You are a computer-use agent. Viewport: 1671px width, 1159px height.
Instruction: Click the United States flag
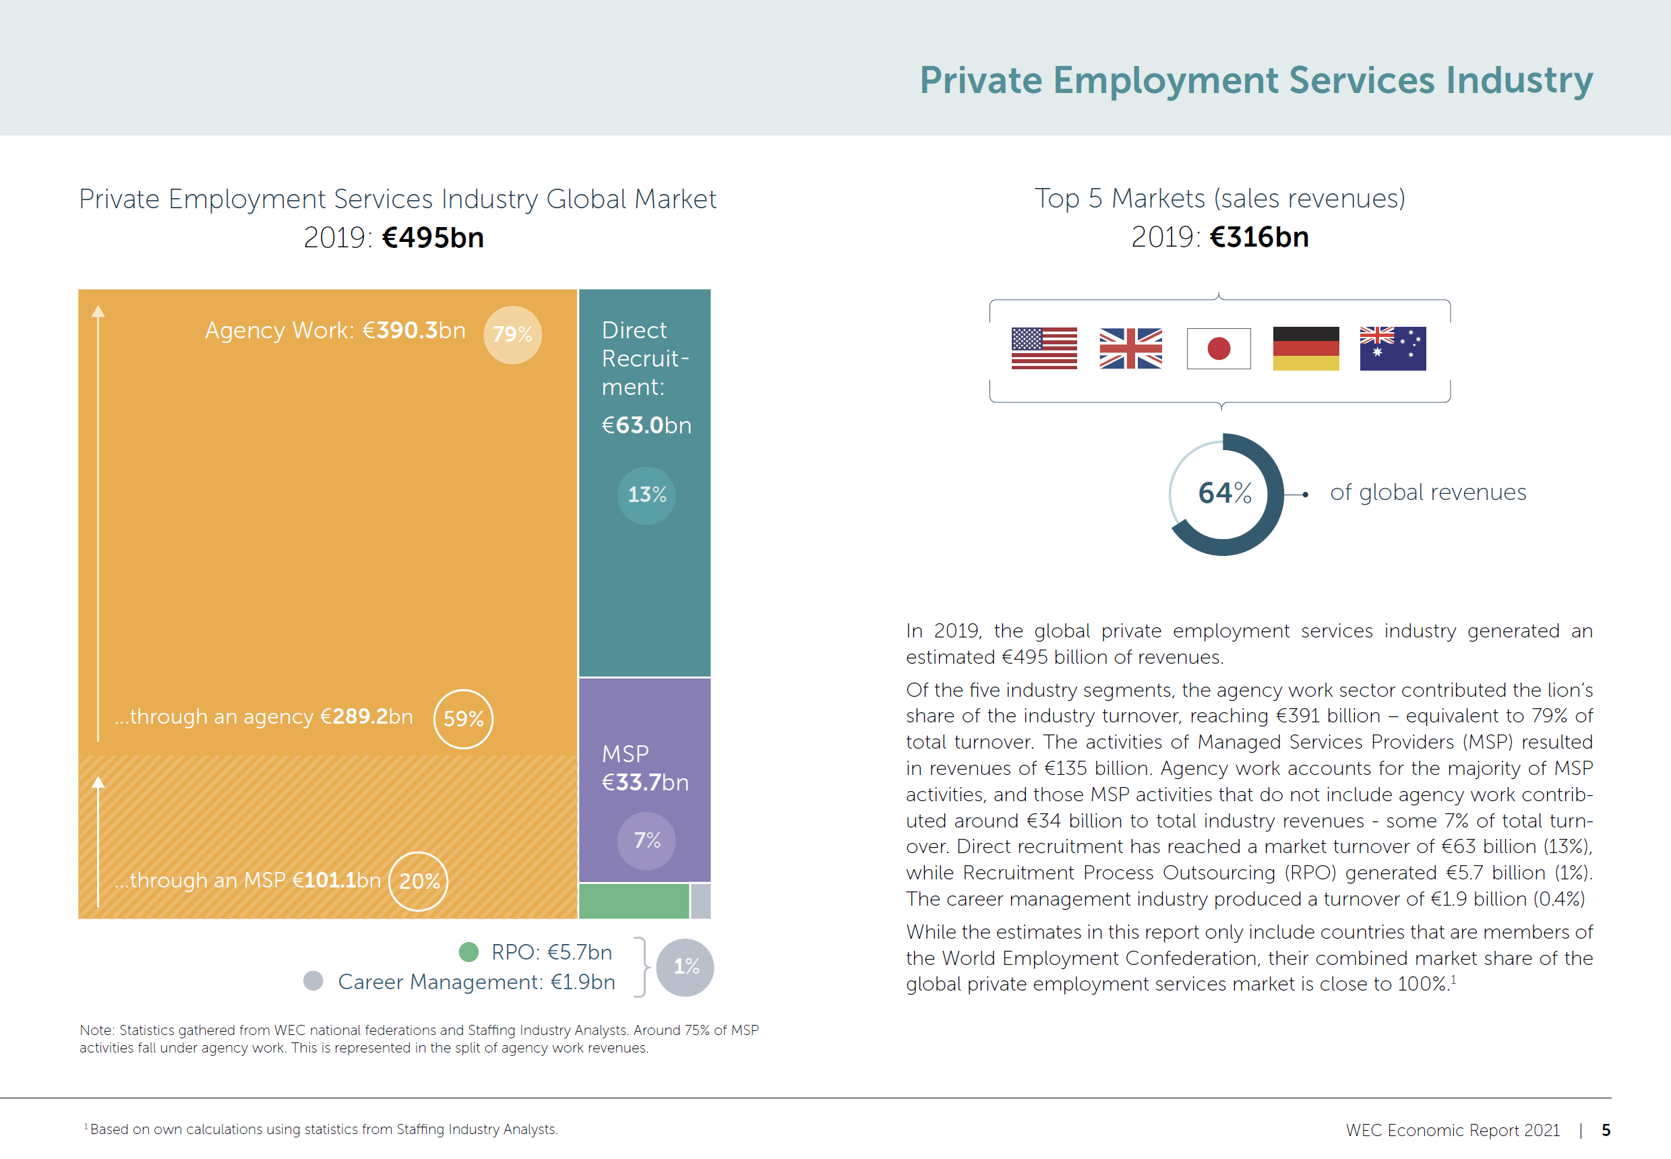1043,348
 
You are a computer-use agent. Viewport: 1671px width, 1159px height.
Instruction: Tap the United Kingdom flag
1130,348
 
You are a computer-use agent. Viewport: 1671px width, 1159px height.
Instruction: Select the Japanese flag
1218,348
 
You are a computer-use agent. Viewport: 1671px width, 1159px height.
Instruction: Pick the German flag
1305,348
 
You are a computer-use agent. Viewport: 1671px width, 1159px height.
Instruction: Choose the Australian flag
1392,348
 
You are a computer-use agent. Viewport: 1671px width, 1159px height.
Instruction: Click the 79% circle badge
512,335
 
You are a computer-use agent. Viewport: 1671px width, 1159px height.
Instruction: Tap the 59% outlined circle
462,719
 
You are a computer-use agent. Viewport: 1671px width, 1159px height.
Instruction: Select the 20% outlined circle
419,881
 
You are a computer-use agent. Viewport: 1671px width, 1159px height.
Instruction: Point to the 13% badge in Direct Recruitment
646,495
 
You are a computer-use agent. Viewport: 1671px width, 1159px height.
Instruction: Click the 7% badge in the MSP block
646,840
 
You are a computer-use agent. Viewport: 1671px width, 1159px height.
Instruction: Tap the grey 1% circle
685,966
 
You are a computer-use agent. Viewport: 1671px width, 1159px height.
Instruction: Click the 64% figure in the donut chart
1224,494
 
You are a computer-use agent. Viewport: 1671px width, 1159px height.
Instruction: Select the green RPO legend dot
468,952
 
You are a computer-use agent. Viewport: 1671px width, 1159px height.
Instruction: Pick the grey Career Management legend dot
313,981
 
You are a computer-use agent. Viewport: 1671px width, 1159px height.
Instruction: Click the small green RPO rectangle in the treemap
633,901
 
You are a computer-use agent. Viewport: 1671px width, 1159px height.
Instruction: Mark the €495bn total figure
433,238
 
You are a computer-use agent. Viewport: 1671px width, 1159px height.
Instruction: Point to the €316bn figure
1259,237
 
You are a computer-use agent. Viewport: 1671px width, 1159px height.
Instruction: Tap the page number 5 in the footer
1606,1130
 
